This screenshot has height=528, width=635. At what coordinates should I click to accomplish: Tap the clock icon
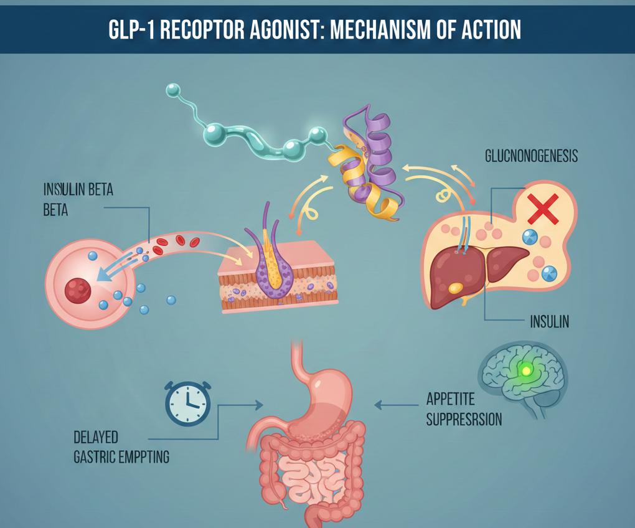point(187,403)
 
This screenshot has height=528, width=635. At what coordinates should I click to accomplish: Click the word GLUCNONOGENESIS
point(531,156)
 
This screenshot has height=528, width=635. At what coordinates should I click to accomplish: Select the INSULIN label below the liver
point(550,322)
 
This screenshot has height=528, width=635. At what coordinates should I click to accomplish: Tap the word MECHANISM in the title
point(387,30)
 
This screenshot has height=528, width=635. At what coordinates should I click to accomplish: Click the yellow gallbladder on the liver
point(456,287)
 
